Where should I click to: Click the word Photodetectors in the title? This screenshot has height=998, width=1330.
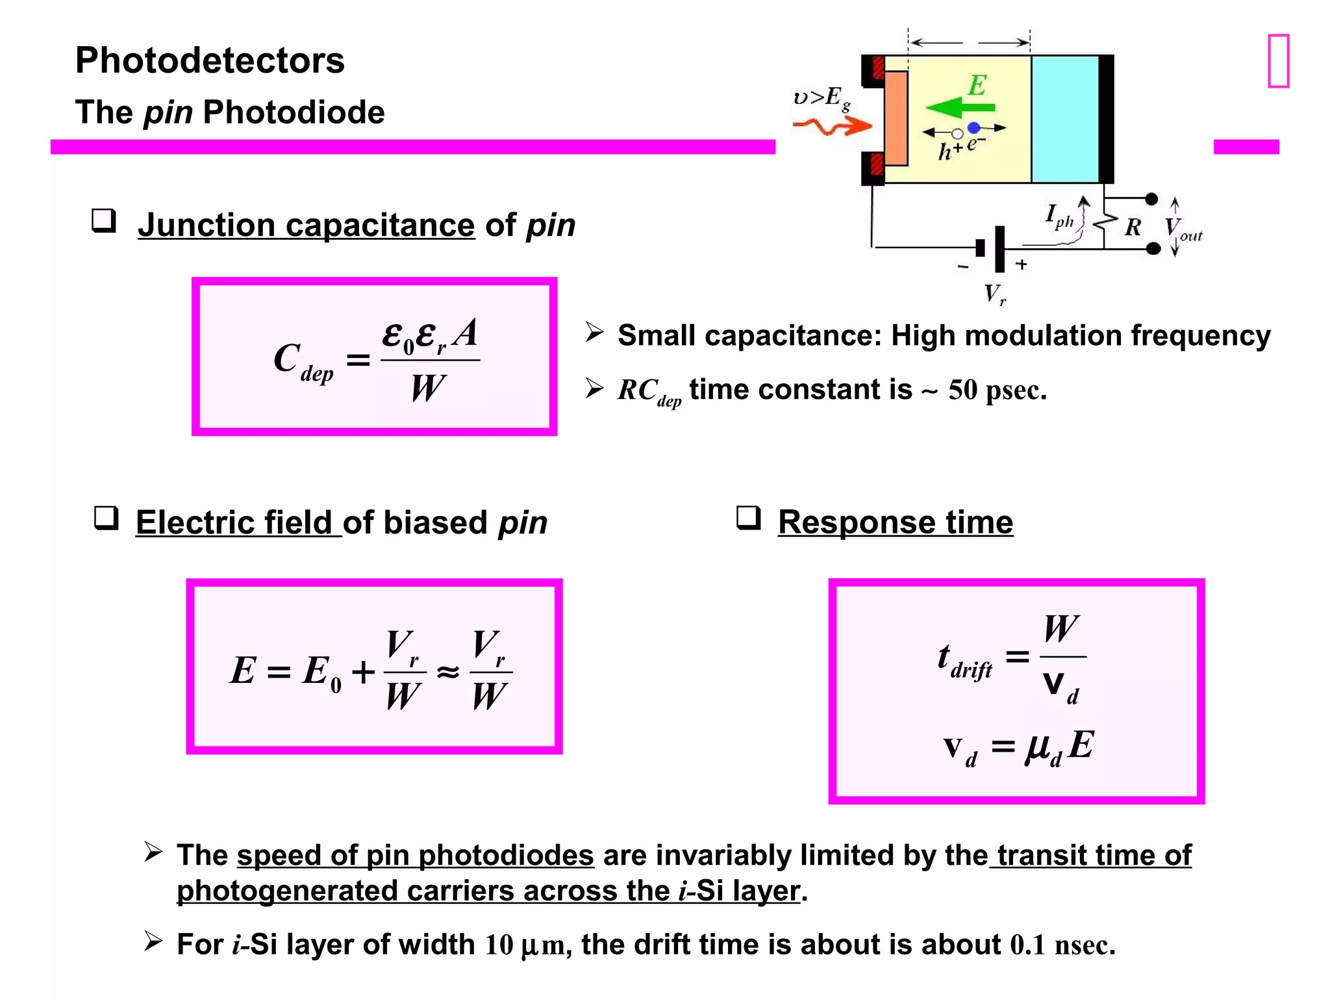pos(210,60)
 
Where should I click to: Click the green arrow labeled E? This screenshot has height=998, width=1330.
pos(960,108)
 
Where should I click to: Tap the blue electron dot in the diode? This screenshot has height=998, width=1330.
pos(973,128)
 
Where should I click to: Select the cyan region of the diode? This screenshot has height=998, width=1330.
pos(1064,120)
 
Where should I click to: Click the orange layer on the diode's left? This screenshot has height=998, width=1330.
pos(896,118)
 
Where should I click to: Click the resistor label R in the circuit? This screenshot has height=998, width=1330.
pos(1133,227)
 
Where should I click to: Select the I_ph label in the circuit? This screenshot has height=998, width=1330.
pos(1059,216)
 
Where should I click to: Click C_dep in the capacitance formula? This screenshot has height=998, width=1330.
pos(303,361)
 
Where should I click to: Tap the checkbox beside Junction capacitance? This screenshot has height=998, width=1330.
pos(104,221)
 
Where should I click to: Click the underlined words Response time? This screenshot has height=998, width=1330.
pos(895,522)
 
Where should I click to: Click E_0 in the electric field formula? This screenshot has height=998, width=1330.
pos(321,673)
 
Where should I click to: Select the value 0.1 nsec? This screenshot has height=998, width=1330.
pos(1062,945)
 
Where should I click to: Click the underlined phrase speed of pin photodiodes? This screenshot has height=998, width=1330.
pos(415,856)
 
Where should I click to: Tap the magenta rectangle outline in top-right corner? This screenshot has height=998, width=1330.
pos(1278,61)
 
